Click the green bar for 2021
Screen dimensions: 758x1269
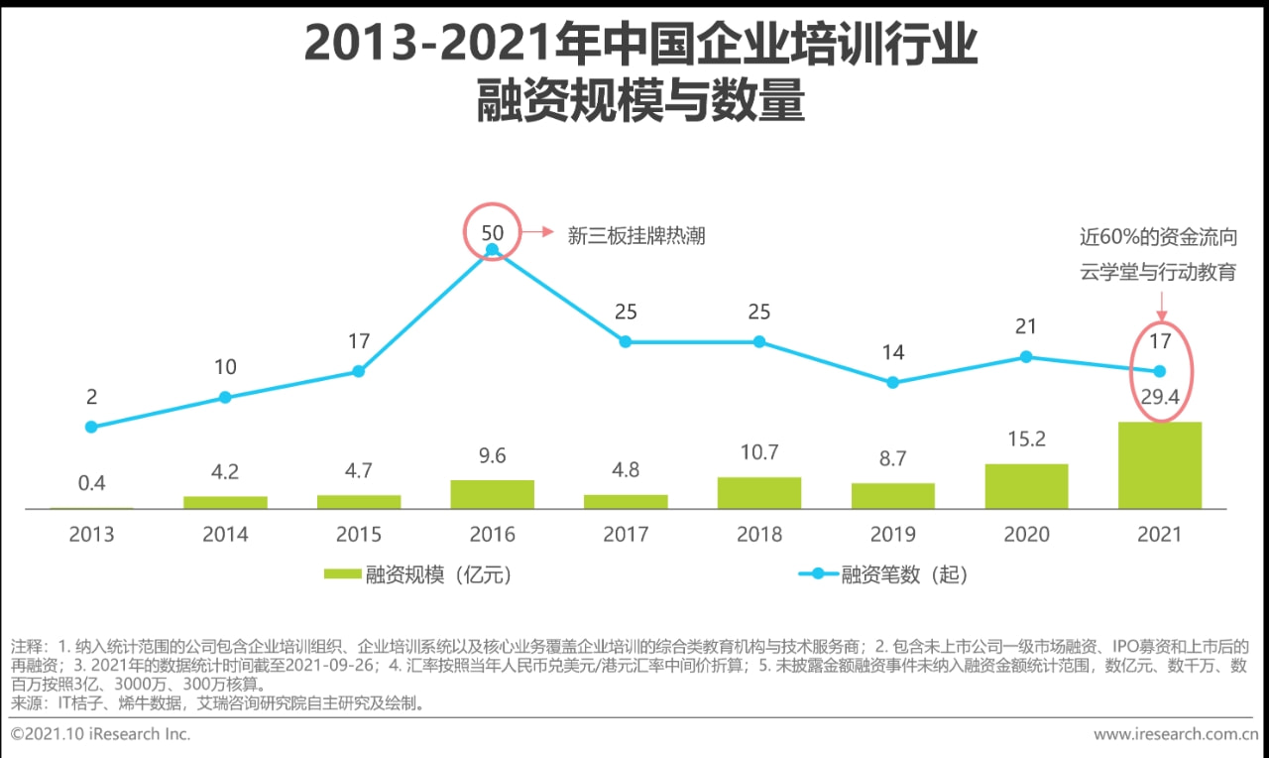coord(1159,465)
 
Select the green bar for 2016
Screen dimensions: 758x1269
coord(492,494)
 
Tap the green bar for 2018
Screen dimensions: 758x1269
coord(758,493)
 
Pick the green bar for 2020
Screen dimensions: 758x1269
coord(1026,486)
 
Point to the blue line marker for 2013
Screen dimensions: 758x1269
coord(91,427)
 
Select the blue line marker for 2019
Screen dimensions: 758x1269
coord(892,382)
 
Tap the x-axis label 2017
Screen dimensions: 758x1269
coord(626,535)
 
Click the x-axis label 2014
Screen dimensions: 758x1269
coord(225,535)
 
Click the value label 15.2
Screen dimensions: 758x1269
coord(1026,440)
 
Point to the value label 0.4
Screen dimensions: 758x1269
coord(91,484)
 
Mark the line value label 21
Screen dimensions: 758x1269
coord(1026,327)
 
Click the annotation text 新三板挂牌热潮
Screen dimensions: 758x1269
coord(635,235)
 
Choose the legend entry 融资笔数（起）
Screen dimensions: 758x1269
coord(882,574)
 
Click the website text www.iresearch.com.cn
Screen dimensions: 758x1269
coord(1175,735)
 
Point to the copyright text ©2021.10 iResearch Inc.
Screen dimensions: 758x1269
coord(100,735)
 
